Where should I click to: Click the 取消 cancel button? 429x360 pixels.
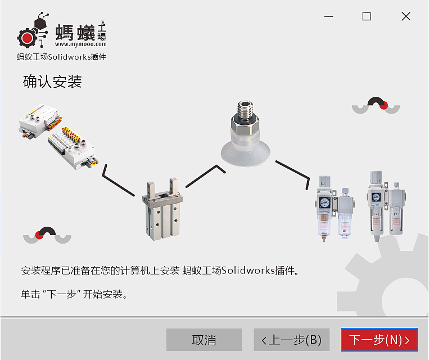pyautogui.click(x=204, y=340)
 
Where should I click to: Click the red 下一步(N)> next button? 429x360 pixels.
pyautogui.click(x=379, y=340)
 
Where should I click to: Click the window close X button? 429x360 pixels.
pyautogui.click(x=406, y=16)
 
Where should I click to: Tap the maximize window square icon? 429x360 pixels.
pyautogui.click(x=367, y=16)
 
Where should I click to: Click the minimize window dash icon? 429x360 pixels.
pyautogui.click(x=327, y=16)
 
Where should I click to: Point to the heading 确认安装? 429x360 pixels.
pyautogui.click(x=52, y=82)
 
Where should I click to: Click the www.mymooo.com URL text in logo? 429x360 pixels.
pyautogui.click(x=80, y=43)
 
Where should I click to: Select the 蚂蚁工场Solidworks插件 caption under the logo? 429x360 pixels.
pyautogui.click(x=61, y=57)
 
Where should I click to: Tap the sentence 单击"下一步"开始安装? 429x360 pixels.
pyautogui.click(x=74, y=294)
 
